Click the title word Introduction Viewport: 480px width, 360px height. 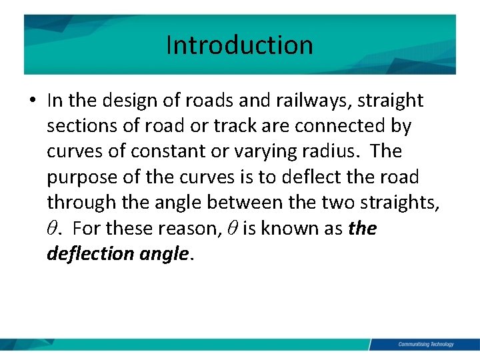(239, 45)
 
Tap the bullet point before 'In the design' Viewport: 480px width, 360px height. (33, 101)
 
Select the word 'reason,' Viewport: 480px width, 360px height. (193, 229)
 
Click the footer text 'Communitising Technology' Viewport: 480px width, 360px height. (425, 344)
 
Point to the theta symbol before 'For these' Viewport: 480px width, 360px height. (53, 229)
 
